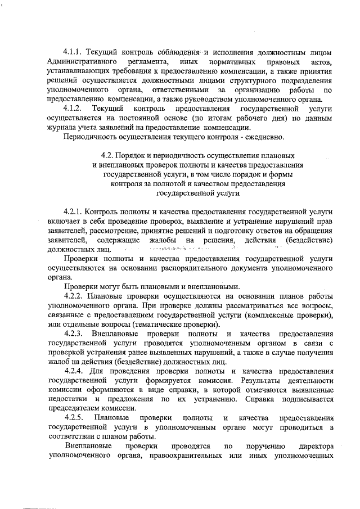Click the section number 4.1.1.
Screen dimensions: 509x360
tap(74, 52)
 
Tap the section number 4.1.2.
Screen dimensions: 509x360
tap(74, 108)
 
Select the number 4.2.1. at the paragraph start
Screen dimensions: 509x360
tap(75, 212)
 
